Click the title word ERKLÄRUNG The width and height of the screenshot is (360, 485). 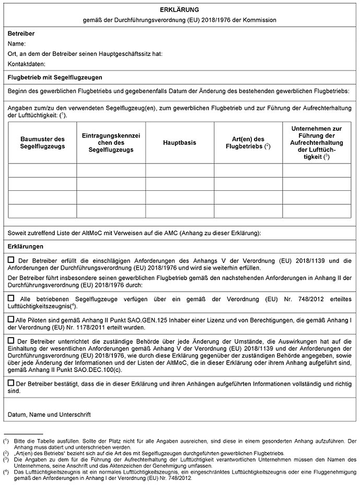click(179, 9)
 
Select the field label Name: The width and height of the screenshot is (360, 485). click(17, 44)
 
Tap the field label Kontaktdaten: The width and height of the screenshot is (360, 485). click(27, 64)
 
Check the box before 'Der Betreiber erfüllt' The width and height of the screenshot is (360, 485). click(12, 260)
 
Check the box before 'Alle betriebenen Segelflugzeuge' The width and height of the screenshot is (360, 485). click(12, 297)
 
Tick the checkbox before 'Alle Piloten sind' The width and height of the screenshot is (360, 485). click(11, 318)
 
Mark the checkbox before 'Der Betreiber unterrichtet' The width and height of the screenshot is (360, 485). click(12, 340)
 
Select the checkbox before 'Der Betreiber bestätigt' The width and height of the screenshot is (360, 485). click(11, 383)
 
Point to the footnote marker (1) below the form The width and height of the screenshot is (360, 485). click(6, 441)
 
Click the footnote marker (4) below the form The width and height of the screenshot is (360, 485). click(6, 471)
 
